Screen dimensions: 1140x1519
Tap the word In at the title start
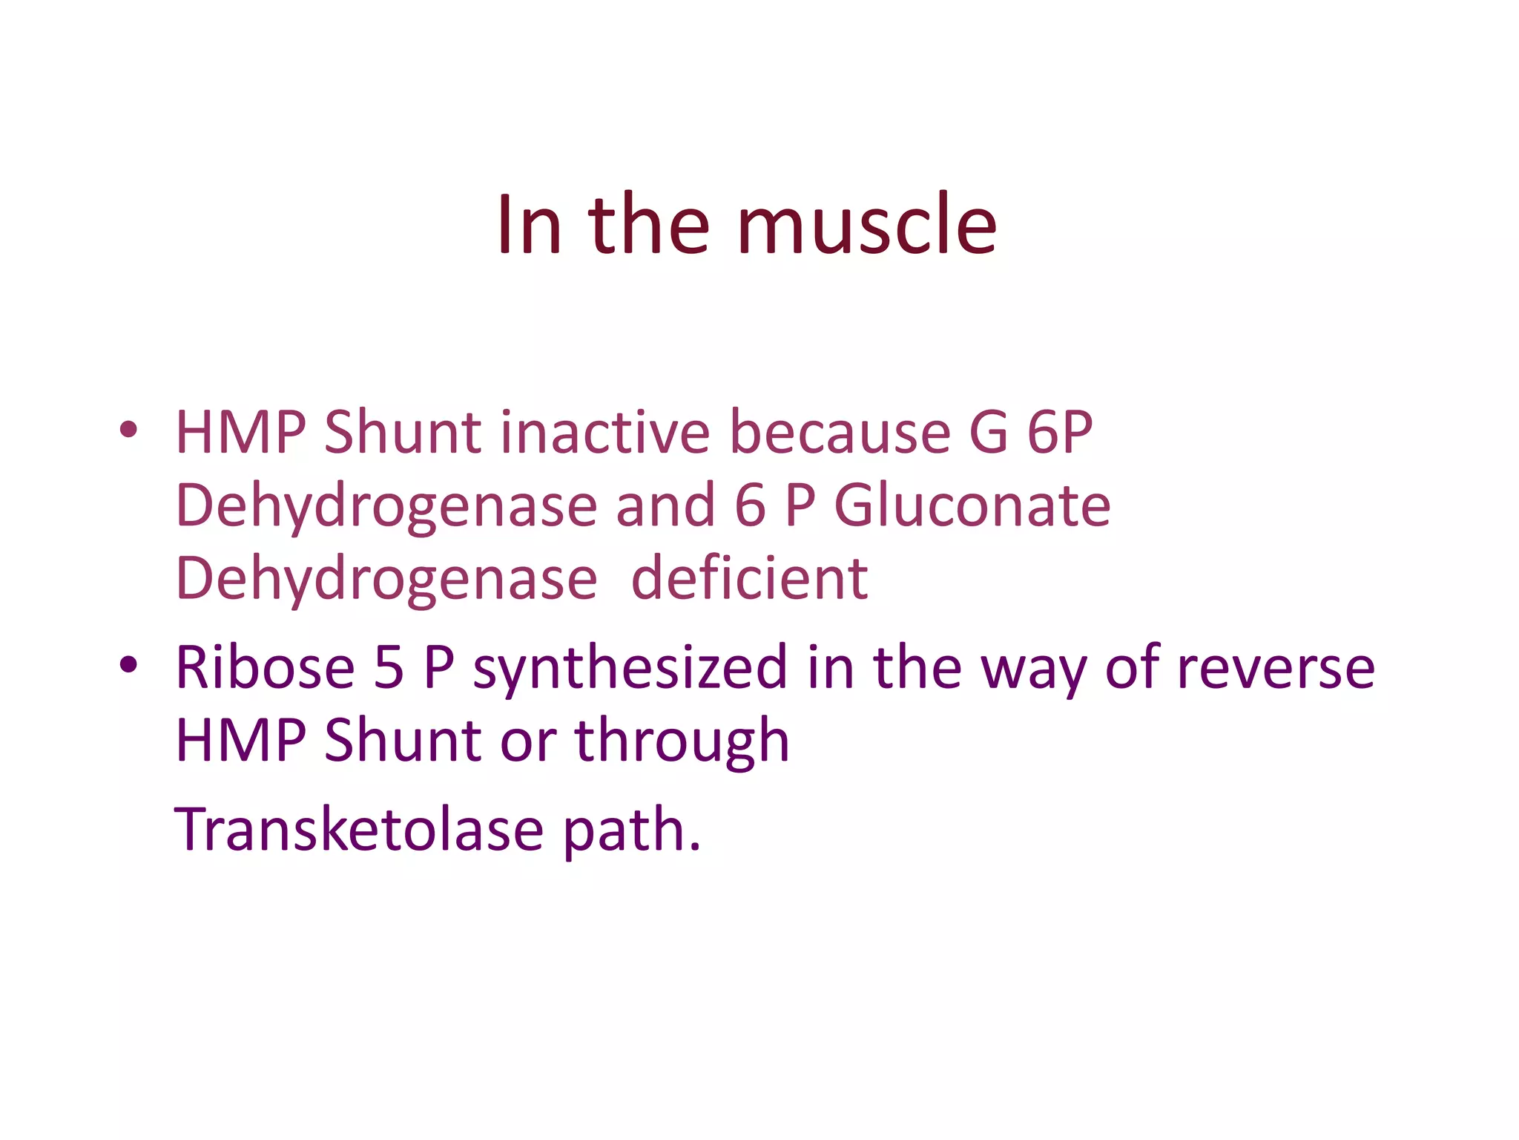point(527,225)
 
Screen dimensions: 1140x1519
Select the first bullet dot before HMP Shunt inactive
point(128,429)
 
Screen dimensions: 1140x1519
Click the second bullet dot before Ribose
point(128,664)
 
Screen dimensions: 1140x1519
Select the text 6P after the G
point(1060,432)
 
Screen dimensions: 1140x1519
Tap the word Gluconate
point(972,505)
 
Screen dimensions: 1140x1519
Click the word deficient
point(749,579)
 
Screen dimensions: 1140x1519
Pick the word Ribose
point(265,667)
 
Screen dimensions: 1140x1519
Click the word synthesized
point(630,667)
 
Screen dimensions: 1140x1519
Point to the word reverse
point(1276,667)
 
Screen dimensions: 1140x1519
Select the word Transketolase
point(359,829)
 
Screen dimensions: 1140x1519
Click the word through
point(682,741)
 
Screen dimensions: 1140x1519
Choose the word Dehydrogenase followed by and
point(386,505)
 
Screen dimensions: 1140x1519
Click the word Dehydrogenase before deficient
point(386,579)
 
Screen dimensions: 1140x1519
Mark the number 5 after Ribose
point(389,667)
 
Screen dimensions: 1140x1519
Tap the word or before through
point(528,741)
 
